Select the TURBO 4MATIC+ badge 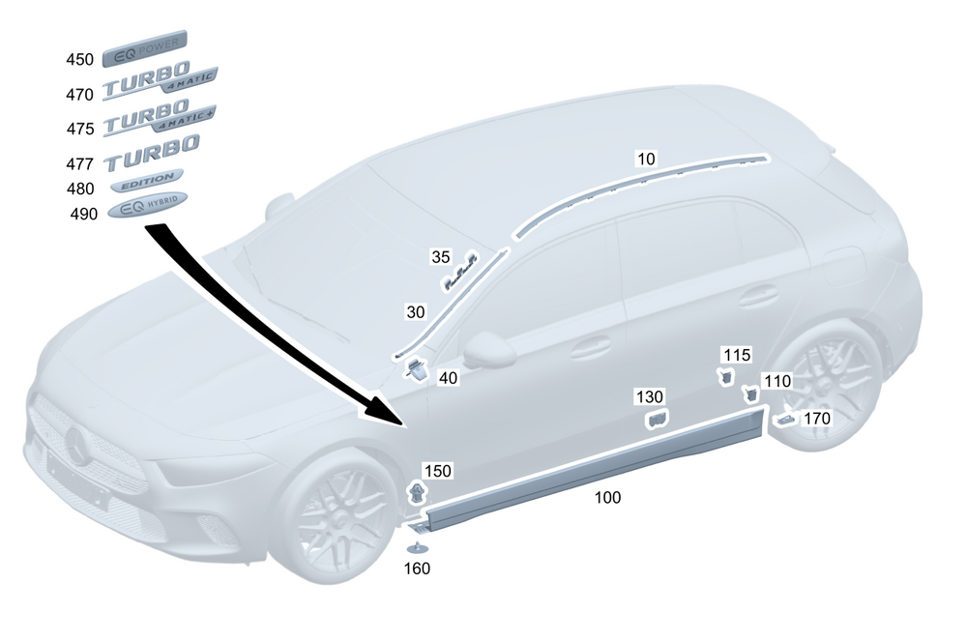[x=160, y=120]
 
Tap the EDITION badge [x=147, y=180]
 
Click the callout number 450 [x=79, y=60]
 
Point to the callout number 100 [x=607, y=498]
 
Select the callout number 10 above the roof [x=645, y=157]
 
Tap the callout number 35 [x=441, y=257]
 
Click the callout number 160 [x=417, y=569]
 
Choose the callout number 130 [x=650, y=397]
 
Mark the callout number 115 [x=737, y=356]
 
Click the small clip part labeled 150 [x=416, y=493]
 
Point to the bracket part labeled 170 [x=785, y=418]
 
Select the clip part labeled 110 [x=749, y=394]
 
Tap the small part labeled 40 [x=417, y=367]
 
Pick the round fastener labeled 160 [x=417, y=548]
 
